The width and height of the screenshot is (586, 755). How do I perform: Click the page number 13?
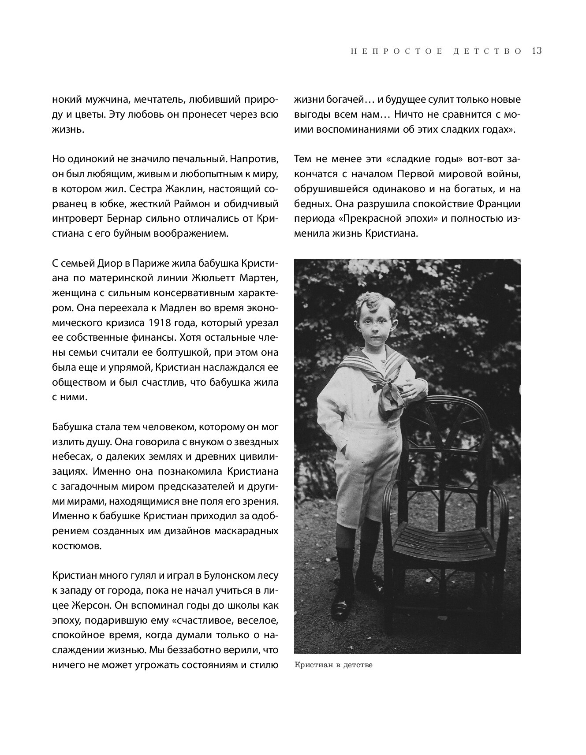point(537,51)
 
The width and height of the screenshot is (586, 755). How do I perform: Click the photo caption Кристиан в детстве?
point(333,666)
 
